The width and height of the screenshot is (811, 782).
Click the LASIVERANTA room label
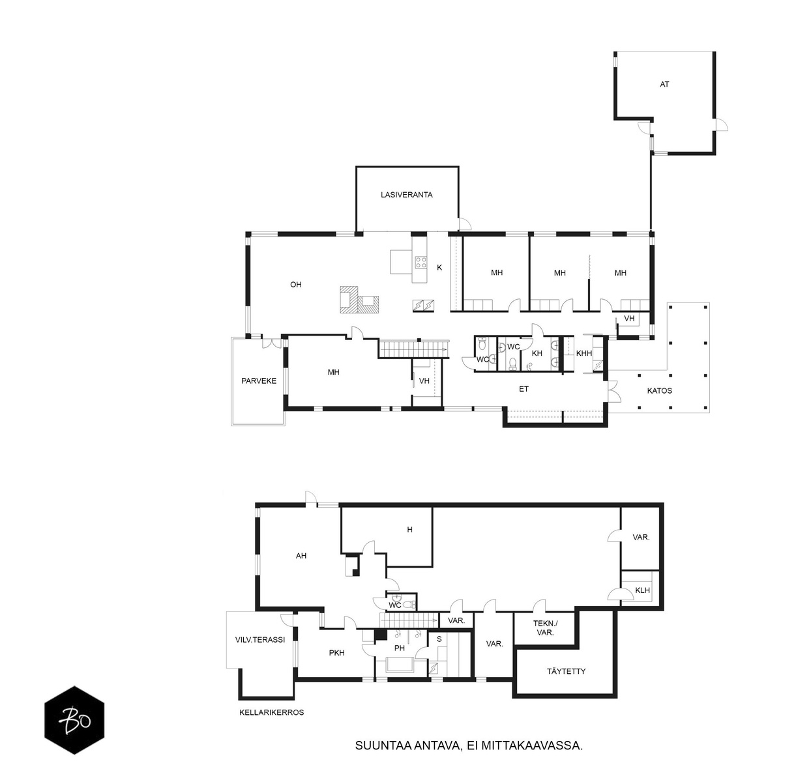click(406, 195)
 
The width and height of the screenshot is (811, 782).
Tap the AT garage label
click(664, 84)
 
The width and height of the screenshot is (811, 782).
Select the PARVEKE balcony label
click(258, 381)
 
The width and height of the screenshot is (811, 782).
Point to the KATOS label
click(659, 391)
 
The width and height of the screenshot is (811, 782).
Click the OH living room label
click(295, 285)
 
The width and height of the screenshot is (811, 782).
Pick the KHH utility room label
click(584, 353)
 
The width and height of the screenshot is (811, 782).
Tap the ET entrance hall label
click(523, 388)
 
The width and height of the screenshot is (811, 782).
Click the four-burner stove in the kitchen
click(420, 262)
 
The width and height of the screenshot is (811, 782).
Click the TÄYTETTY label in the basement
click(566, 671)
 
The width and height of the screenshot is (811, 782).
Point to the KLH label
click(642, 590)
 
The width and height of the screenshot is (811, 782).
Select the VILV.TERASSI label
click(259, 639)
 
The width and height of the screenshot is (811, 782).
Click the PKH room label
click(336, 653)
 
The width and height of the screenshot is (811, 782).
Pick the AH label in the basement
click(301, 555)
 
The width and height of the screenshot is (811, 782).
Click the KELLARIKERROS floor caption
click(271, 712)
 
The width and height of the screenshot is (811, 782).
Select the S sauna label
click(439, 639)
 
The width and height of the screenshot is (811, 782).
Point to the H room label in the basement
click(409, 530)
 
